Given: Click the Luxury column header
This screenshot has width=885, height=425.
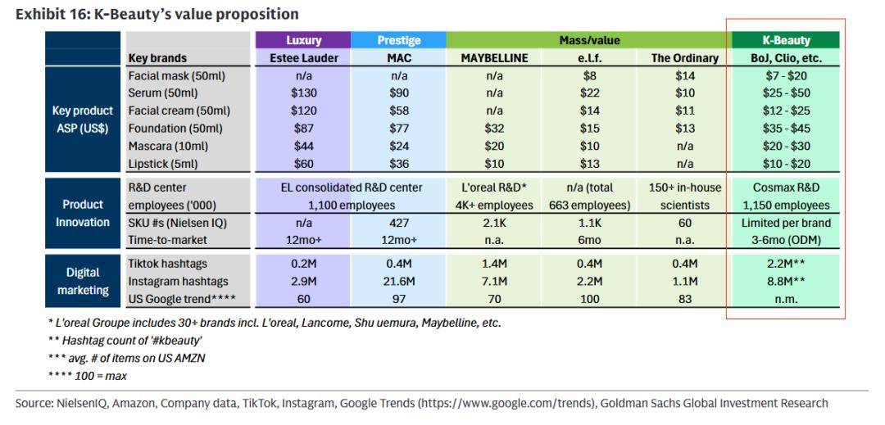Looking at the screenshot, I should [303, 40].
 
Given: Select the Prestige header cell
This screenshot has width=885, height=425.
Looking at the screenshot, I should [399, 40].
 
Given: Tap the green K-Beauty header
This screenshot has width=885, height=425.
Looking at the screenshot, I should [786, 40].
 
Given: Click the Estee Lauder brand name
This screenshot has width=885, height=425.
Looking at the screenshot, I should [303, 58].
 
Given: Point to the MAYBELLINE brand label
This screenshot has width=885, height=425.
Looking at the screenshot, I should [494, 58].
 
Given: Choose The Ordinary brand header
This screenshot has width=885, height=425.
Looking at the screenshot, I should [684, 58].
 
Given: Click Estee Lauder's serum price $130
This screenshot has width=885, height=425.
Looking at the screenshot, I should [304, 93].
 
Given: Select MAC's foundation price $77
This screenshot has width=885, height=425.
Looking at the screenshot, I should [399, 129].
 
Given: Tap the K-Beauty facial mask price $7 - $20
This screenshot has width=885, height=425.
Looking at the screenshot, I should [785, 75].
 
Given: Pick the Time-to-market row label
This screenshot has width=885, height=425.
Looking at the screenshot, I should [168, 240].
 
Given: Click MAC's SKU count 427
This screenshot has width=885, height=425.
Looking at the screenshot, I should [399, 223].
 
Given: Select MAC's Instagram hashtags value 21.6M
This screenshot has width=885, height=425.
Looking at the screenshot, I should [399, 282].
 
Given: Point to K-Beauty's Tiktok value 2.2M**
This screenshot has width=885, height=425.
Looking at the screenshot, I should [786, 264].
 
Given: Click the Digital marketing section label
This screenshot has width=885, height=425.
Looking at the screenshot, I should [83, 281].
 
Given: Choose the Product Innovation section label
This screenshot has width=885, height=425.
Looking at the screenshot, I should [83, 213].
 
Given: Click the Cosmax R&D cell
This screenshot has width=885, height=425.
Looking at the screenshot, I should [786, 188].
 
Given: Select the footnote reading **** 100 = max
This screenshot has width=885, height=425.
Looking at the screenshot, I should [87, 376].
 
